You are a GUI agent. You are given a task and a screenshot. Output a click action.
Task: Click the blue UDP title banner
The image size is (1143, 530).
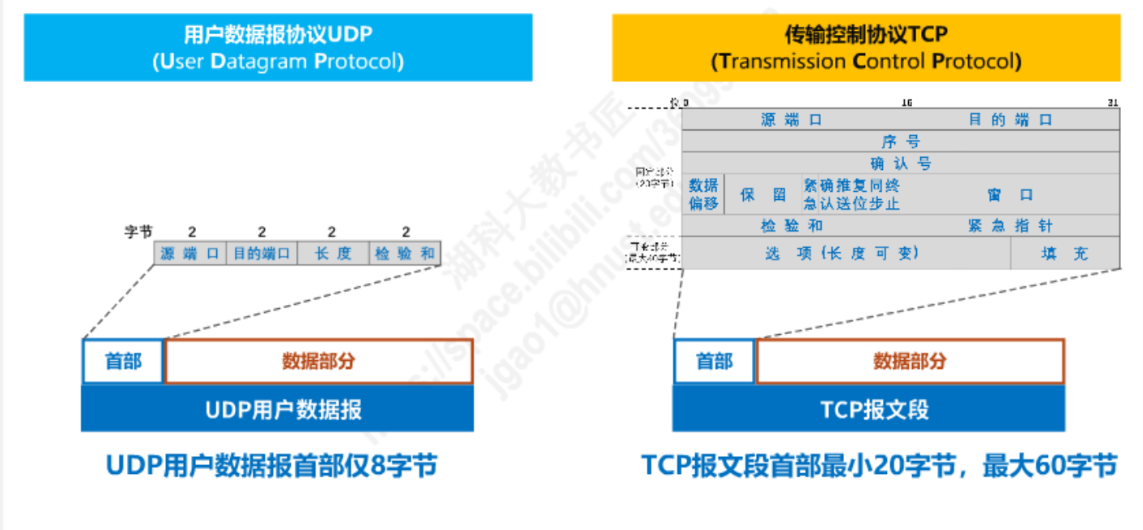[x=278, y=47]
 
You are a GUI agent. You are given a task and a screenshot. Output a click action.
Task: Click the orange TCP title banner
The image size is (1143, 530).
[x=866, y=47]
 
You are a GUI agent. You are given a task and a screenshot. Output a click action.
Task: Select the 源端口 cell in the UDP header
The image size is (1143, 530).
[x=189, y=254]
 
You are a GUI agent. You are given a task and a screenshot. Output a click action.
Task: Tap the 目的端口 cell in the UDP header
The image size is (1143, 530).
[x=261, y=254]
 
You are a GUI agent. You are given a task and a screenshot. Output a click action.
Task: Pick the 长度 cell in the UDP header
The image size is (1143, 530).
[x=332, y=254]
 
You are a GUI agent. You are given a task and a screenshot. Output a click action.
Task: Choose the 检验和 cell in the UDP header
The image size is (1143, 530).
[x=404, y=254]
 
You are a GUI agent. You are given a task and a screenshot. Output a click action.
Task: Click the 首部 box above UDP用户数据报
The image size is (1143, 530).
[x=123, y=361]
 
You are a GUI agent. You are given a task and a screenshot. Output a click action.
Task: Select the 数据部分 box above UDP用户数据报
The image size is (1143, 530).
[x=319, y=361]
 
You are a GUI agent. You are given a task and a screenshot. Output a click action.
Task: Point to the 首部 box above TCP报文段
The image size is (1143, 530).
[x=715, y=361]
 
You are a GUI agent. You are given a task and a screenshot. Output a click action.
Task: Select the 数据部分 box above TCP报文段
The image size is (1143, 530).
[x=910, y=361]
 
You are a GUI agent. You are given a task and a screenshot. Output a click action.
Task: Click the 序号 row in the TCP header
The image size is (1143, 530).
[x=901, y=141]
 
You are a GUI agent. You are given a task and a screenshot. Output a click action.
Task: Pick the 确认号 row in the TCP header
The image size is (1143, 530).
[x=901, y=163]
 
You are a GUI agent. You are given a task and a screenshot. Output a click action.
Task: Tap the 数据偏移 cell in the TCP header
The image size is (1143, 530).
[x=703, y=195]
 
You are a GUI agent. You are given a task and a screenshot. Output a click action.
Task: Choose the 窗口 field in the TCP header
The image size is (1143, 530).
[x=1010, y=195]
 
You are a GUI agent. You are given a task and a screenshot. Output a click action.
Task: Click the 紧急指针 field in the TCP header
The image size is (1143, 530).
[x=1010, y=226]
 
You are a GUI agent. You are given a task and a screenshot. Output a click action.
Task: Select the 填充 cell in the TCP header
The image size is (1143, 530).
[x=1065, y=254]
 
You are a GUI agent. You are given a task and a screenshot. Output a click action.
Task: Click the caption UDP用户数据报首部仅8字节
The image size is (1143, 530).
[x=272, y=466]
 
